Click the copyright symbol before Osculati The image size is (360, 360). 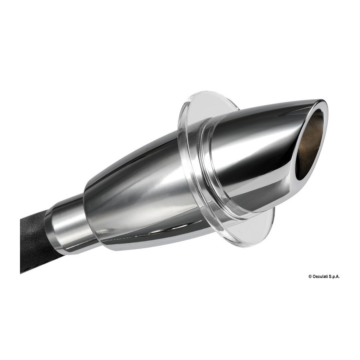tap(310, 277)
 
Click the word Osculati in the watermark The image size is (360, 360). tap(320, 277)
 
